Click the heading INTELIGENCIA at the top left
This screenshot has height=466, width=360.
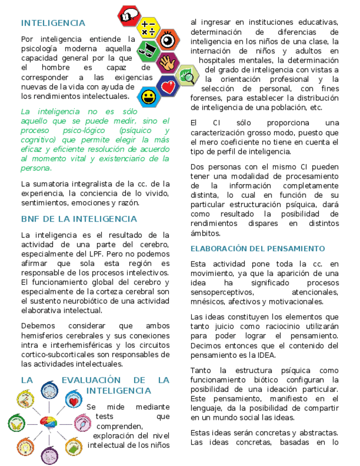click(x=53, y=23)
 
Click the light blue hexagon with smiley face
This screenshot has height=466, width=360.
click(x=148, y=98)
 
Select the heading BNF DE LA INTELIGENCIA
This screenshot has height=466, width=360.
click(x=79, y=219)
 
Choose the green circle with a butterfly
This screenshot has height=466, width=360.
click(x=16, y=423)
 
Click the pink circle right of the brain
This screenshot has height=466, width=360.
click(x=82, y=423)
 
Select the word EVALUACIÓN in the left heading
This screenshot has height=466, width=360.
click(x=91, y=380)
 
